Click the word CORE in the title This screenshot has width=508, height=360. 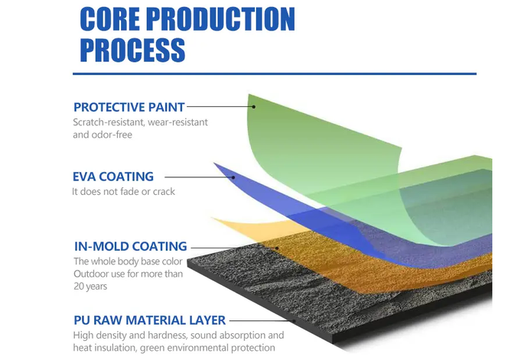110,19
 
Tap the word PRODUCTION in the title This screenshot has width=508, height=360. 220,19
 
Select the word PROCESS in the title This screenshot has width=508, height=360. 132,50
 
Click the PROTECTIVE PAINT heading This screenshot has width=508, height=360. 129,107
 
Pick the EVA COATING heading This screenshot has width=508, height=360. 113,177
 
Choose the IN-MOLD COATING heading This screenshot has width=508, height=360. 131,246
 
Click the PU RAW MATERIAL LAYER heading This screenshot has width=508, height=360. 150,320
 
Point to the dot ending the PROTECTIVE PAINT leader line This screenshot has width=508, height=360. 254,106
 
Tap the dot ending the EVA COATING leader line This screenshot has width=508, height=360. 233,177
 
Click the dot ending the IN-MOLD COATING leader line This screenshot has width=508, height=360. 277,248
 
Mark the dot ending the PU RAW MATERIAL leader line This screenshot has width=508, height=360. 295,321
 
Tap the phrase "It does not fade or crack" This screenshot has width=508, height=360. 123,192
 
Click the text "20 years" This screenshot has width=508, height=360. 90,287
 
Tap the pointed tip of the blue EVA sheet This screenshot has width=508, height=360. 214,164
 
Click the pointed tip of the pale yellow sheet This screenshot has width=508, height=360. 213,219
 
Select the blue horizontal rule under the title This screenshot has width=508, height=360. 275,74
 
